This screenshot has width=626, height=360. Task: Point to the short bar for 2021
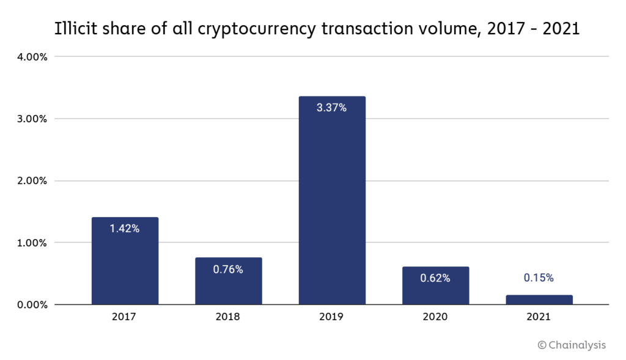click(539, 299)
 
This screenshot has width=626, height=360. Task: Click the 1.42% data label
click(125, 229)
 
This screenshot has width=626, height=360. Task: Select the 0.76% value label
click(228, 270)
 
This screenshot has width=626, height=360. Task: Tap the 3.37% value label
click(332, 108)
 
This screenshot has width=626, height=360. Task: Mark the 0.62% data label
click(435, 278)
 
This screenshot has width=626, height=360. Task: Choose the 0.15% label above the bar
click(539, 277)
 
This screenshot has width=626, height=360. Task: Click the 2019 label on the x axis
click(332, 317)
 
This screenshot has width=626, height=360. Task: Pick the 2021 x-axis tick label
click(539, 317)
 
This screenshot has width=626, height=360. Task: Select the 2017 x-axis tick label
click(125, 317)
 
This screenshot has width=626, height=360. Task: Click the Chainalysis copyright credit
click(572, 345)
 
